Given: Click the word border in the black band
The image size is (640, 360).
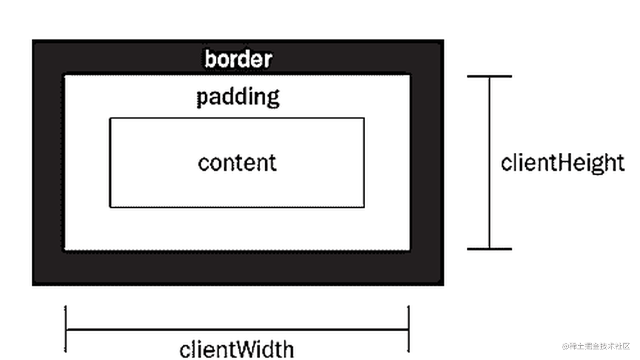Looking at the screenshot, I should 238,59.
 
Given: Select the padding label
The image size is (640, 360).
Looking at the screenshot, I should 238,97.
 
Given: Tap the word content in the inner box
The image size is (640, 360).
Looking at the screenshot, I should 237,163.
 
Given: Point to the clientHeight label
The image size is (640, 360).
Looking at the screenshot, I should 562,163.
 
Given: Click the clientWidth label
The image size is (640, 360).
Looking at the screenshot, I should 237,349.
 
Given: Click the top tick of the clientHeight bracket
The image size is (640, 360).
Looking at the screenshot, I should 489,77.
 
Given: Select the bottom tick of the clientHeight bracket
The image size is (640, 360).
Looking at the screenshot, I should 489,249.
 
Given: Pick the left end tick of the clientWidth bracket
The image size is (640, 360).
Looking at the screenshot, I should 66,329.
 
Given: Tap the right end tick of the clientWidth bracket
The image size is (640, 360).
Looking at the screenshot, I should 408,329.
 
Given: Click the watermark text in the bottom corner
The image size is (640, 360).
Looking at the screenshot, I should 596,346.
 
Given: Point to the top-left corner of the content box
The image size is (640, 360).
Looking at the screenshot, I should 110,118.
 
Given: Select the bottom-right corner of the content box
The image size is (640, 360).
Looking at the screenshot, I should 364,207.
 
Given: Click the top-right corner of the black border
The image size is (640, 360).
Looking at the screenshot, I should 443,41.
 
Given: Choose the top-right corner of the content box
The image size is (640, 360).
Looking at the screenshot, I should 364,118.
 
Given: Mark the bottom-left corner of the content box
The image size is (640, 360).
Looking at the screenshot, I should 110,207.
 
